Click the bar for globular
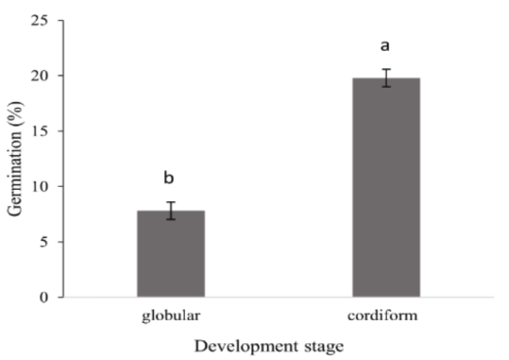(x=171, y=255)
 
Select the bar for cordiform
(x=385, y=189)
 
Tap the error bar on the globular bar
(x=171, y=211)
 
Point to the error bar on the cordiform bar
(x=385, y=77)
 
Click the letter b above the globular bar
(x=170, y=178)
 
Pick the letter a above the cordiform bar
(x=385, y=44)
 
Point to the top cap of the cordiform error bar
(x=385, y=69)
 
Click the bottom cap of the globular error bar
(x=171, y=219)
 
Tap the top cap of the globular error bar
(x=171, y=202)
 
